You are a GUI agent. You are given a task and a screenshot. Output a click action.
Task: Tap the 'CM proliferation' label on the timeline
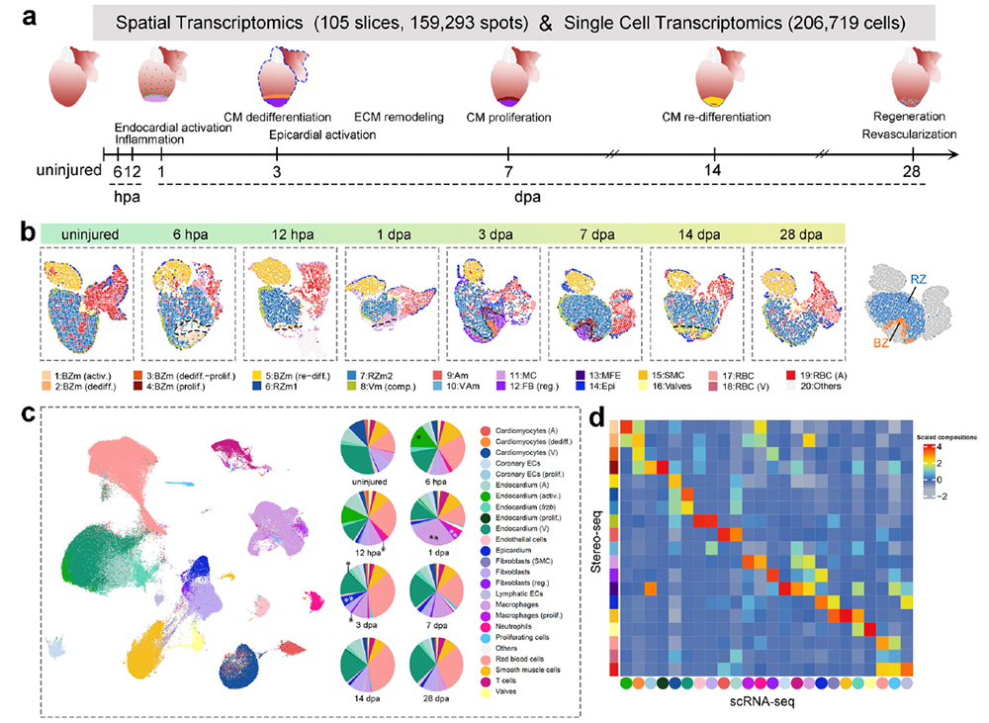point(508,118)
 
